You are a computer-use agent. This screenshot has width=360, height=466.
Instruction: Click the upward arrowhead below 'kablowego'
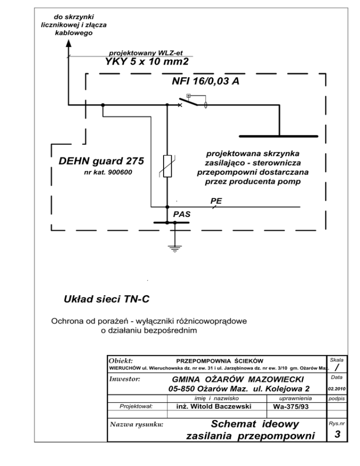pos(68,43)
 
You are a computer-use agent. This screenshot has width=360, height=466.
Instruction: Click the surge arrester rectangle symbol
pos(167,165)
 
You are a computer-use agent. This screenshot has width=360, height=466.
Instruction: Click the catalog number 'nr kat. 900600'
pos(107,173)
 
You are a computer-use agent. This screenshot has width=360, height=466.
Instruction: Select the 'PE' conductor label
pos(216,201)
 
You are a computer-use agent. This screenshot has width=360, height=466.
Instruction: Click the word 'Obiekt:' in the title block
pos(120,361)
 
